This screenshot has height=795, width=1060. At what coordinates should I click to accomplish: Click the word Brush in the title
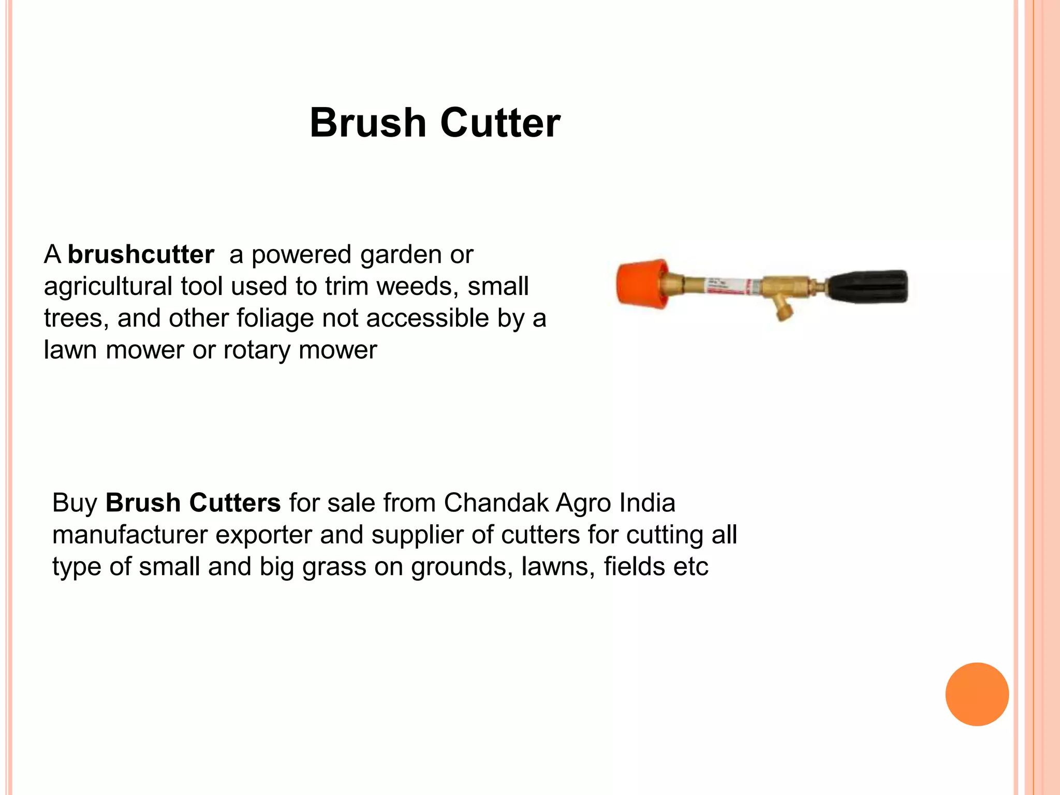click(x=368, y=123)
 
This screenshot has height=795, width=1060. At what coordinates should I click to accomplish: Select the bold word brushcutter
click(x=141, y=255)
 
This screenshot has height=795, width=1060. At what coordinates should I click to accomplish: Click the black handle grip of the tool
click(x=867, y=286)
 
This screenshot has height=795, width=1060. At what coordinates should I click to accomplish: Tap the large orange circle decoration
click(x=977, y=694)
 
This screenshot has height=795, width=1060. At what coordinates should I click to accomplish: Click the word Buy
click(x=75, y=504)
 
